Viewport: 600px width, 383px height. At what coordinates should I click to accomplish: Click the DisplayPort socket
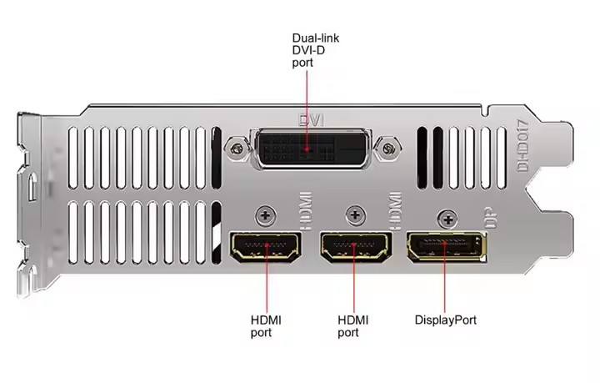(x=444, y=247)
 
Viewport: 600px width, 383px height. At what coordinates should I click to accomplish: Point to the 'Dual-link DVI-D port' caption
(x=316, y=49)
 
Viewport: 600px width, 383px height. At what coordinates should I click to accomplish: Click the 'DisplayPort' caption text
(x=446, y=319)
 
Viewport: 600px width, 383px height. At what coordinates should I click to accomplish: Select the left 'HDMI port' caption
(x=266, y=325)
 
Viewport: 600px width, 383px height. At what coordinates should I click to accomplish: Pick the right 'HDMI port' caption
(x=353, y=325)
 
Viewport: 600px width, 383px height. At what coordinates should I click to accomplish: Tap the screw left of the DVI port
(x=239, y=149)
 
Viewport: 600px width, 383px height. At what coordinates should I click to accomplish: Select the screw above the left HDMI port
(x=266, y=215)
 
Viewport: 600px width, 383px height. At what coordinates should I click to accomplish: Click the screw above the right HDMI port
(x=356, y=215)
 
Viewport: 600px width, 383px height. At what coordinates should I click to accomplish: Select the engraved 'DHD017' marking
(x=524, y=146)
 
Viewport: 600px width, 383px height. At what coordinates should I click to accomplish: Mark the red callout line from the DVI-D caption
(x=307, y=100)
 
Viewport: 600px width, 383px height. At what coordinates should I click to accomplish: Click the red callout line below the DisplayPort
(x=444, y=284)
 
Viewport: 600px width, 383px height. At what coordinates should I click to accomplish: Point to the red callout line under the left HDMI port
(x=266, y=284)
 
